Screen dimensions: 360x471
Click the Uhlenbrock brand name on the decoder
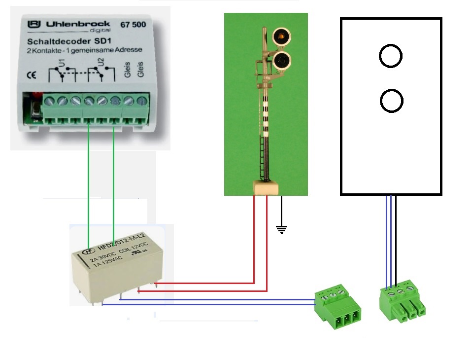[71, 24]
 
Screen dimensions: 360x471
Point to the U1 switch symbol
[62, 74]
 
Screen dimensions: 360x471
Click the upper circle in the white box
[391, 56]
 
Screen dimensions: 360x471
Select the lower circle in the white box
[392, 101]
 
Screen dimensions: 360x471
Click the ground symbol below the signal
[281, 228]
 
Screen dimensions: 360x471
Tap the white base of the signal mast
[265, 187]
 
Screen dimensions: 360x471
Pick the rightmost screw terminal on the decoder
[142, 102]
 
